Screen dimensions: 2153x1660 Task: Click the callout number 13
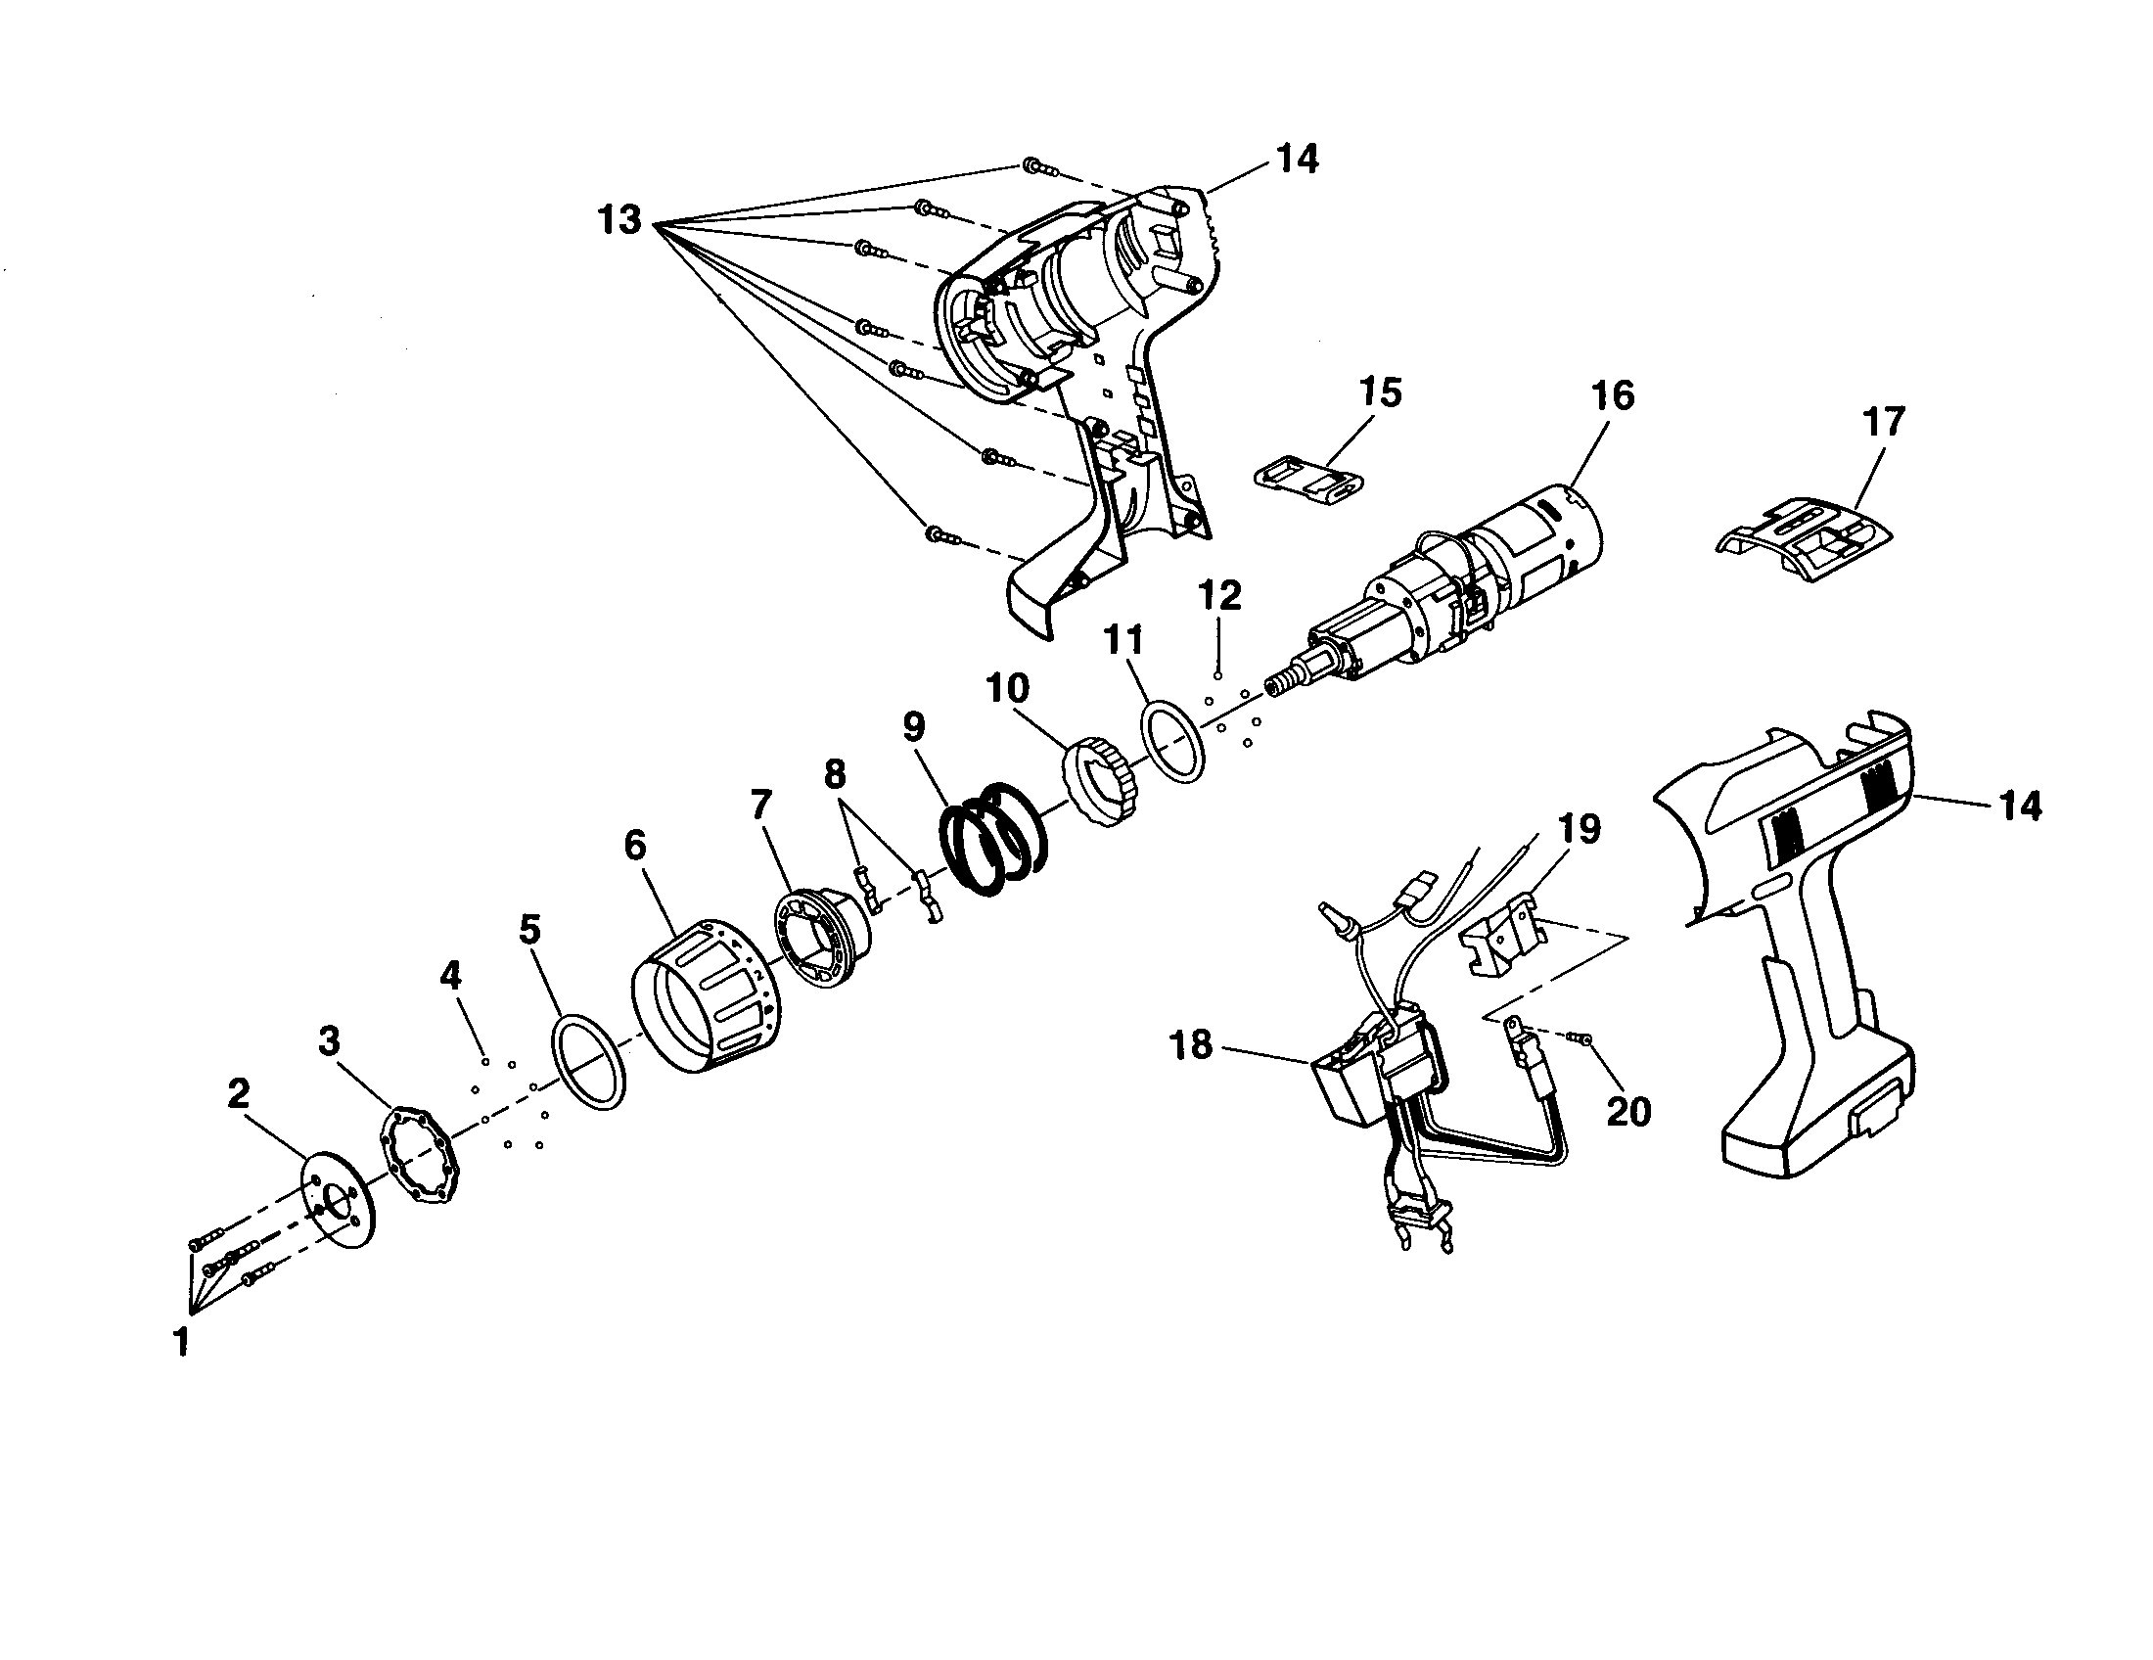coord(620,220)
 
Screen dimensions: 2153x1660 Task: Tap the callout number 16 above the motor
coord(1612,395)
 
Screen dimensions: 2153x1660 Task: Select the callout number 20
coord(1628,1111)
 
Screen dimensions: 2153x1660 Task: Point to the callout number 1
coord(181,1342)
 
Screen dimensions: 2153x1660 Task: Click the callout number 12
coord(1219,595)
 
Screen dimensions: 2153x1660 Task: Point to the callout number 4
coord(450,975)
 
